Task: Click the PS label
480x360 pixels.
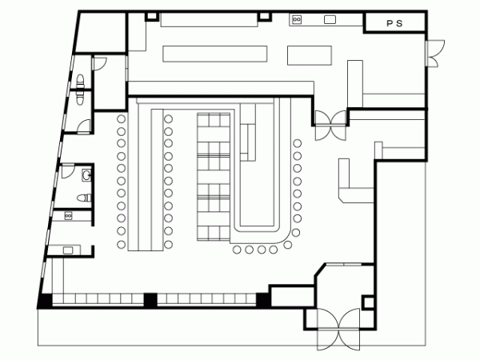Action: click(394, 23)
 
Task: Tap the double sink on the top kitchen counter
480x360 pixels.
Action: click(297, 19)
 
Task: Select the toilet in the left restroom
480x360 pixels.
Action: click(84, 198)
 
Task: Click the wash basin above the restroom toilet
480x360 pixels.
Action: click(86, 175)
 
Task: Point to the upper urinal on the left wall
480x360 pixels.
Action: click(80, 81)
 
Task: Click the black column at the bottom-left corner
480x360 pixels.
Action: click(45, 301)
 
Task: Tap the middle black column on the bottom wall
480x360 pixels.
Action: click(150, 300)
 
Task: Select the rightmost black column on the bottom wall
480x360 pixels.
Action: click(262, 300)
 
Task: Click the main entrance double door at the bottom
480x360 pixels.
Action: click(338, 329)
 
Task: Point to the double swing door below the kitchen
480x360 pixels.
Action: click(330, 126)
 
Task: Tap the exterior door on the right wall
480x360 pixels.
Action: click(434, 54)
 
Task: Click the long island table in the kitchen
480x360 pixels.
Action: click(215, 54)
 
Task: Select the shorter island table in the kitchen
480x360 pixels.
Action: click(309, 55)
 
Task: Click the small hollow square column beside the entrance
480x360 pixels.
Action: click(368, 302)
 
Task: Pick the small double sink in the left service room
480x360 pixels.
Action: click(68, 216)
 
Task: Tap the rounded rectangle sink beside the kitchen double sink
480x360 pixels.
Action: click(330, 19)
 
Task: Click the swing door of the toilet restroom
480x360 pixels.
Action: click(68, 171)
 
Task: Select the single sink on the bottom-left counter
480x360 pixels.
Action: click(68, 250)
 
